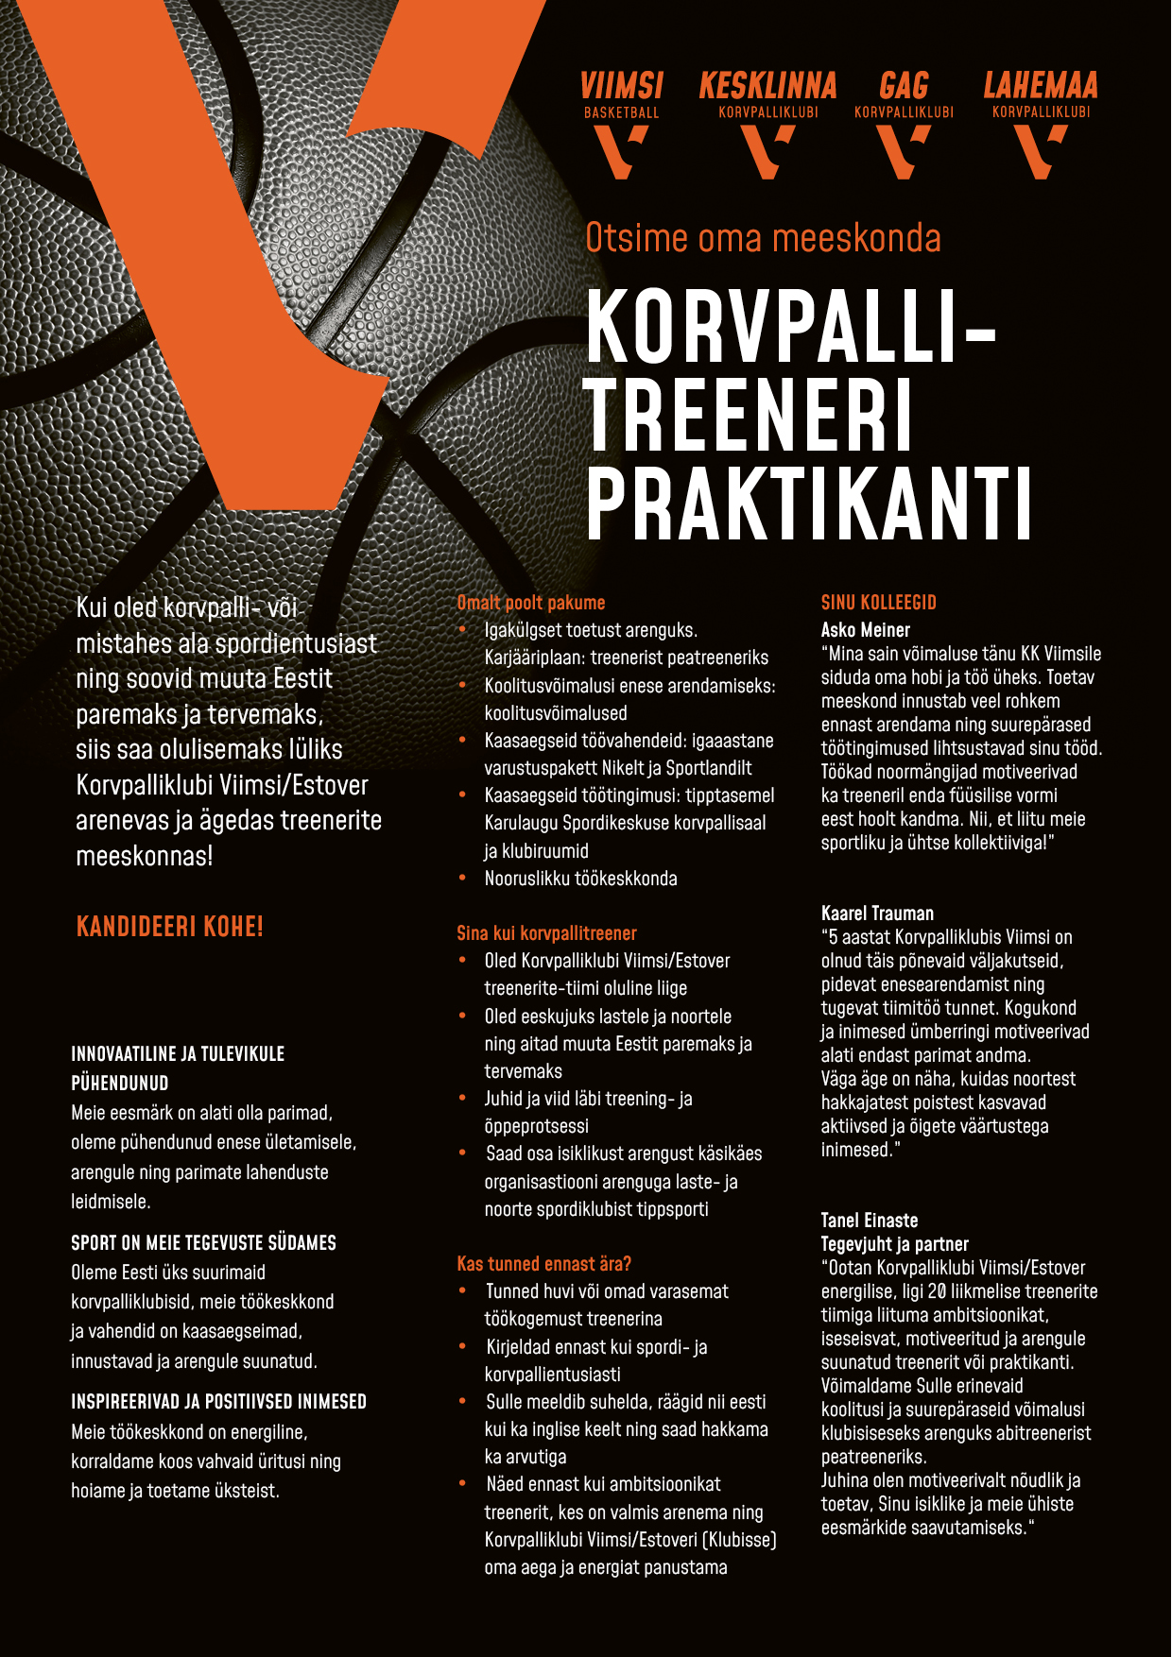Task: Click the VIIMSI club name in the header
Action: click(621, 86)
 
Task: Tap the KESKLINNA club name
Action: click(767, 86)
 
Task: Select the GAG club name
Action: click(904, 86)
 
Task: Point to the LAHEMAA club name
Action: click(1041, 86)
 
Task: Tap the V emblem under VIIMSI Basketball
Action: click(620, 151)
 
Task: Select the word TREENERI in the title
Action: click(750, 415)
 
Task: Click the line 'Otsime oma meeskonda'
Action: click(763, 238)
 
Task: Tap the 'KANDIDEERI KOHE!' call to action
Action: click(170, 926)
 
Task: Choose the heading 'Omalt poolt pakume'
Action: click(531, 603)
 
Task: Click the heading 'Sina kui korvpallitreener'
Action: click(546, 933)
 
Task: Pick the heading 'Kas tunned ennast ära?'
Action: click(544, 1264)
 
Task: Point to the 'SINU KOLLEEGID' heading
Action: click(879, 603)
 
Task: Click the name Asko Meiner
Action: click(866, 630)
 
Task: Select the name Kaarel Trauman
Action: click(877, 914)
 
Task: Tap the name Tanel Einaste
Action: click(870, 1221)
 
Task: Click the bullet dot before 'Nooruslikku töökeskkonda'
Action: click(462, 878)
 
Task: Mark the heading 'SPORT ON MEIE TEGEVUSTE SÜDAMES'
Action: click(203, 1243)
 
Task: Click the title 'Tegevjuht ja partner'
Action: click(894, 1244)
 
